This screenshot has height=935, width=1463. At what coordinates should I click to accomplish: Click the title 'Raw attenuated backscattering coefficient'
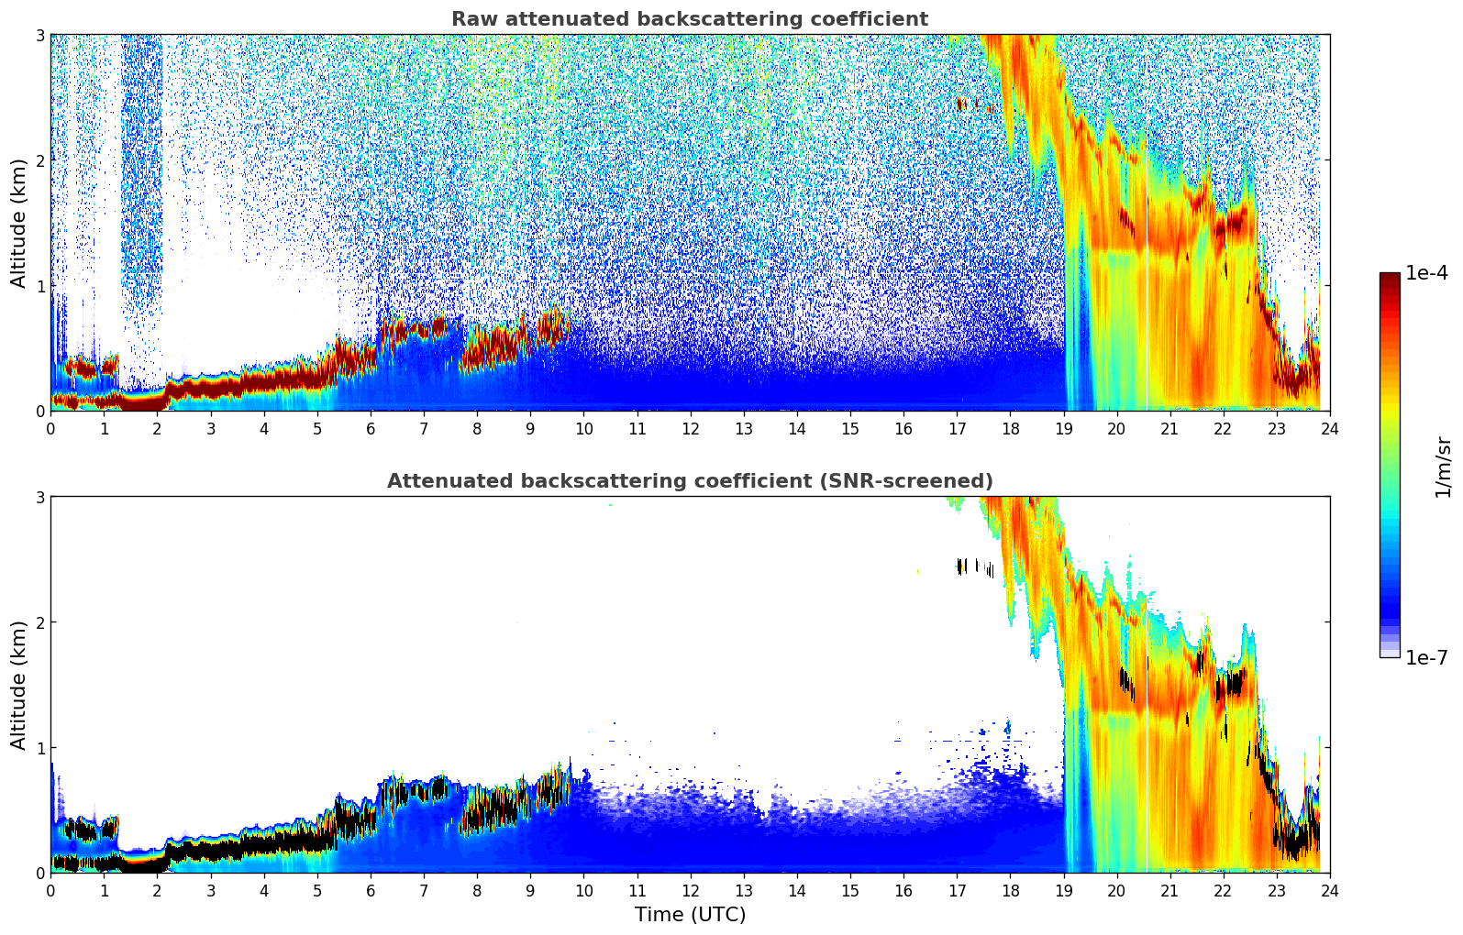[690, 19]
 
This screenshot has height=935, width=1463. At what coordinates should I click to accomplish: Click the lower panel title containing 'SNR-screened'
[690, 481]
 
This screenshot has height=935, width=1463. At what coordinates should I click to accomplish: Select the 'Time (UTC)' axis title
[690, 915]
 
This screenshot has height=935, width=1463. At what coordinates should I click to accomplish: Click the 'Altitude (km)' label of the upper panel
[19, 223]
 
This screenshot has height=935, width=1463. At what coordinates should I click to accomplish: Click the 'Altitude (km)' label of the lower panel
[19, 685]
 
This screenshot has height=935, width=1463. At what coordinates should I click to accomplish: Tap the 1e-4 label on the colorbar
[1426, 273]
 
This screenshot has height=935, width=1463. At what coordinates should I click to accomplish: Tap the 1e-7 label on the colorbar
[1426, 657]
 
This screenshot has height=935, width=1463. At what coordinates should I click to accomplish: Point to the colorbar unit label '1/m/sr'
[1443, 466]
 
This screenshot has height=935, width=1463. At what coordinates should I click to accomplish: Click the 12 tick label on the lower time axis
[690, 891]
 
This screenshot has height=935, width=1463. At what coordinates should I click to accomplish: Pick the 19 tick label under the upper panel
[1063, 429]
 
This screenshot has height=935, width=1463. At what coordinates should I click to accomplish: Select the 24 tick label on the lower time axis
[1329, 891]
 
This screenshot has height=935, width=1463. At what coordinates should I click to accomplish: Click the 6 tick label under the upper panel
[371, 429]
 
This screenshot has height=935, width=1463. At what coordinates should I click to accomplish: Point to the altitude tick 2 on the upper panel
[40, 160]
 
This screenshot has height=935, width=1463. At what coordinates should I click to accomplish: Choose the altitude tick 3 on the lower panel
[40, 497]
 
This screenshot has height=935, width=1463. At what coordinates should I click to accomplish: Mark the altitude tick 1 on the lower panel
[40, 748]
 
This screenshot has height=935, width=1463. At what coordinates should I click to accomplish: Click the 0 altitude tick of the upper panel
[40, 411]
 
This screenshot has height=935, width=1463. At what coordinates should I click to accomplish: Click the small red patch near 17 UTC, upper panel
[961, 104]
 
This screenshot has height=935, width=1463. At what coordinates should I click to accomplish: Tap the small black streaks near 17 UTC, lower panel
[961, 566]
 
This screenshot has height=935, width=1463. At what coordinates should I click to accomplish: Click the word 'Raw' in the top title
[471, 19]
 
